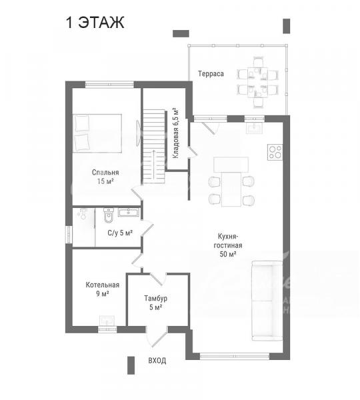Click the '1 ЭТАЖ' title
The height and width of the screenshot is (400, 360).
[x=95, y=23]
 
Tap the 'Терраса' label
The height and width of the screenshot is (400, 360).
[x=211, y=74]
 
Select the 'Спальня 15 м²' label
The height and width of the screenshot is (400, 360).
[x=105, y=177]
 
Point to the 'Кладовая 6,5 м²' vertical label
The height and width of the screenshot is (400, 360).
[x=175, y=133]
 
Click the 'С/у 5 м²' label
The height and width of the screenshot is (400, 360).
[x=120, y=233]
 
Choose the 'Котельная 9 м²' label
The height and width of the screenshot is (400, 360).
[x=102, y=289]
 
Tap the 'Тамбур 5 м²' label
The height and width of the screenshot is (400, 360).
[x=155, y=303]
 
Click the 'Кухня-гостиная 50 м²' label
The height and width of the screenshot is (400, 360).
[x=228, y=245]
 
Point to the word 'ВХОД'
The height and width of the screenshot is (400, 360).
[x=157, y=361]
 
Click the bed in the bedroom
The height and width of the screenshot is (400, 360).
[x=97, y=133]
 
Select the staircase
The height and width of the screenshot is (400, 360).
[x=153, y=147]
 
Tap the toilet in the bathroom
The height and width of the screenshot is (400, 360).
[x=109, y=215]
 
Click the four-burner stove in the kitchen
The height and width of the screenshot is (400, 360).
[x=275, y=152]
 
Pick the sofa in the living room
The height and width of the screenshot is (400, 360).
[x=267, y=301]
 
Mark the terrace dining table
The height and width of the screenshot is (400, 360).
[x=258, y=82]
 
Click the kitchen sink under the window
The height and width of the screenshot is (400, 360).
[x=254, y=128]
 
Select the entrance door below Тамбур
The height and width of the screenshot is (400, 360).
[x=157, y=337]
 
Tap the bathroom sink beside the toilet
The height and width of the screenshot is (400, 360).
[x=129, y=212]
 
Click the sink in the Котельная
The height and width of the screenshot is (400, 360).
[x=107, y=321]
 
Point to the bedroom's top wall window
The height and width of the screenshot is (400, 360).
[x=109, y=84]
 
